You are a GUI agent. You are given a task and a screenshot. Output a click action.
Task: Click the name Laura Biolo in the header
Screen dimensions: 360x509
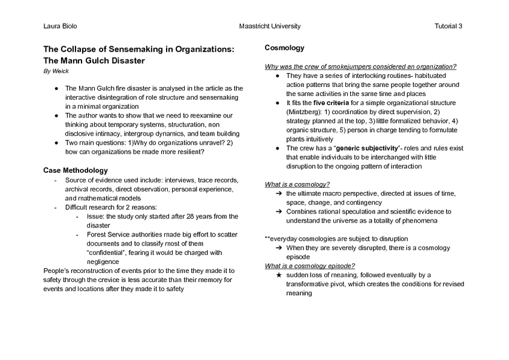point(60,26)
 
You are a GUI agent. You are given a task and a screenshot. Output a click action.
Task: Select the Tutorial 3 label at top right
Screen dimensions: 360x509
point(448,26)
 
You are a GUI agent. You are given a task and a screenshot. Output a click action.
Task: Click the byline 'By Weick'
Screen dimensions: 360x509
point(56,71)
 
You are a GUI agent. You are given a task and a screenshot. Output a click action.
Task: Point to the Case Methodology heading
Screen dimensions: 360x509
point(76,170)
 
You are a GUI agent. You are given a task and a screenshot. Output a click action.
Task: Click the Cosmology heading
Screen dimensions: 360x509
point(285,48)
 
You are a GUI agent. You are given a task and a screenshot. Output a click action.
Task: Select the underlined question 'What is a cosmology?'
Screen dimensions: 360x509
point(297,184)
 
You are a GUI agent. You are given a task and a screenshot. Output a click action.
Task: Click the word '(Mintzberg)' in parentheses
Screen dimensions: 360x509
point(305,112)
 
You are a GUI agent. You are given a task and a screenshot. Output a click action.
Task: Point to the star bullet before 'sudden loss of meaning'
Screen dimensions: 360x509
point(279,275)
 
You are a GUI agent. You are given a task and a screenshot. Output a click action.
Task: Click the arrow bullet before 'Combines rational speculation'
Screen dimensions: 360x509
point(279,212)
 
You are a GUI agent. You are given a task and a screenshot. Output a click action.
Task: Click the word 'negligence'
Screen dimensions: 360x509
point(103,262)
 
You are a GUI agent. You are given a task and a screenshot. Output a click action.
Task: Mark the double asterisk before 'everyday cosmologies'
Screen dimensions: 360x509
point(267,239)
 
